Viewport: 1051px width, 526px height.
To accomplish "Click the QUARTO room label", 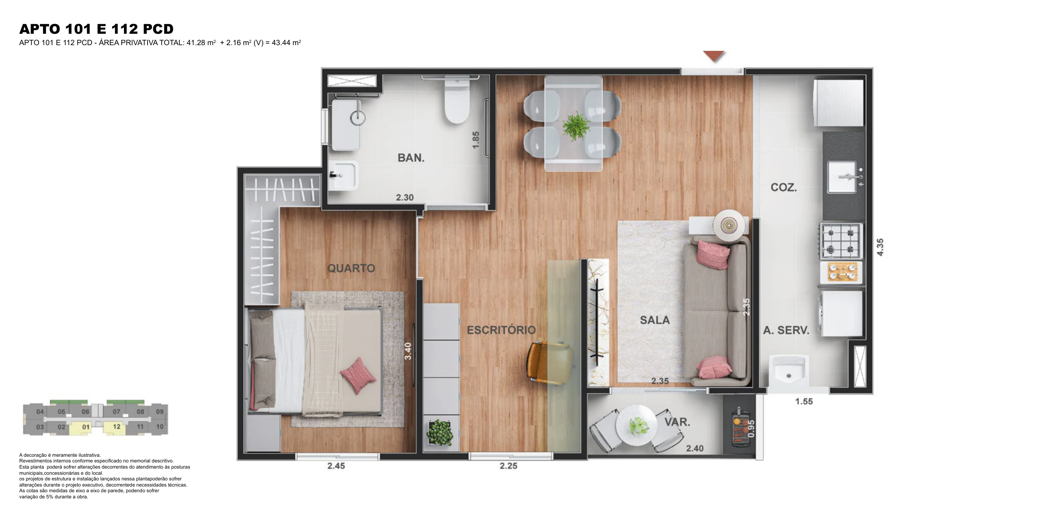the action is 351,268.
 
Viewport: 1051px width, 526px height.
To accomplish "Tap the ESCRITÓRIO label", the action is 501,330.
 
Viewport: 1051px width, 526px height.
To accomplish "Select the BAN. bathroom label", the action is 411,158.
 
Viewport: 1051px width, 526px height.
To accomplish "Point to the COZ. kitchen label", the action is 784,188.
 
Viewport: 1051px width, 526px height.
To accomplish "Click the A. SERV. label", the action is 786,331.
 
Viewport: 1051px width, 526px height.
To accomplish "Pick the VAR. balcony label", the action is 677,422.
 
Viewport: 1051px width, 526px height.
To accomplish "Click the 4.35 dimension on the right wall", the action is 880,247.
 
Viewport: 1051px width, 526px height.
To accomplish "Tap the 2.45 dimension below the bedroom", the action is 336,466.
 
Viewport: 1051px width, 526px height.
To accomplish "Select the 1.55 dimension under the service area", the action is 804,401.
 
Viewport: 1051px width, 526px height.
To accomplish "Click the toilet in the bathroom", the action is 456,100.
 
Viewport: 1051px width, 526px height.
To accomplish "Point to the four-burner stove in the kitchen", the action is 841,241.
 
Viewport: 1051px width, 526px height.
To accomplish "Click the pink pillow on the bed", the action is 358,375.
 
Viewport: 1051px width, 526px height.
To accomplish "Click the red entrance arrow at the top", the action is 714,57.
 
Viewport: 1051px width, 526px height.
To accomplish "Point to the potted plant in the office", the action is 440,433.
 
